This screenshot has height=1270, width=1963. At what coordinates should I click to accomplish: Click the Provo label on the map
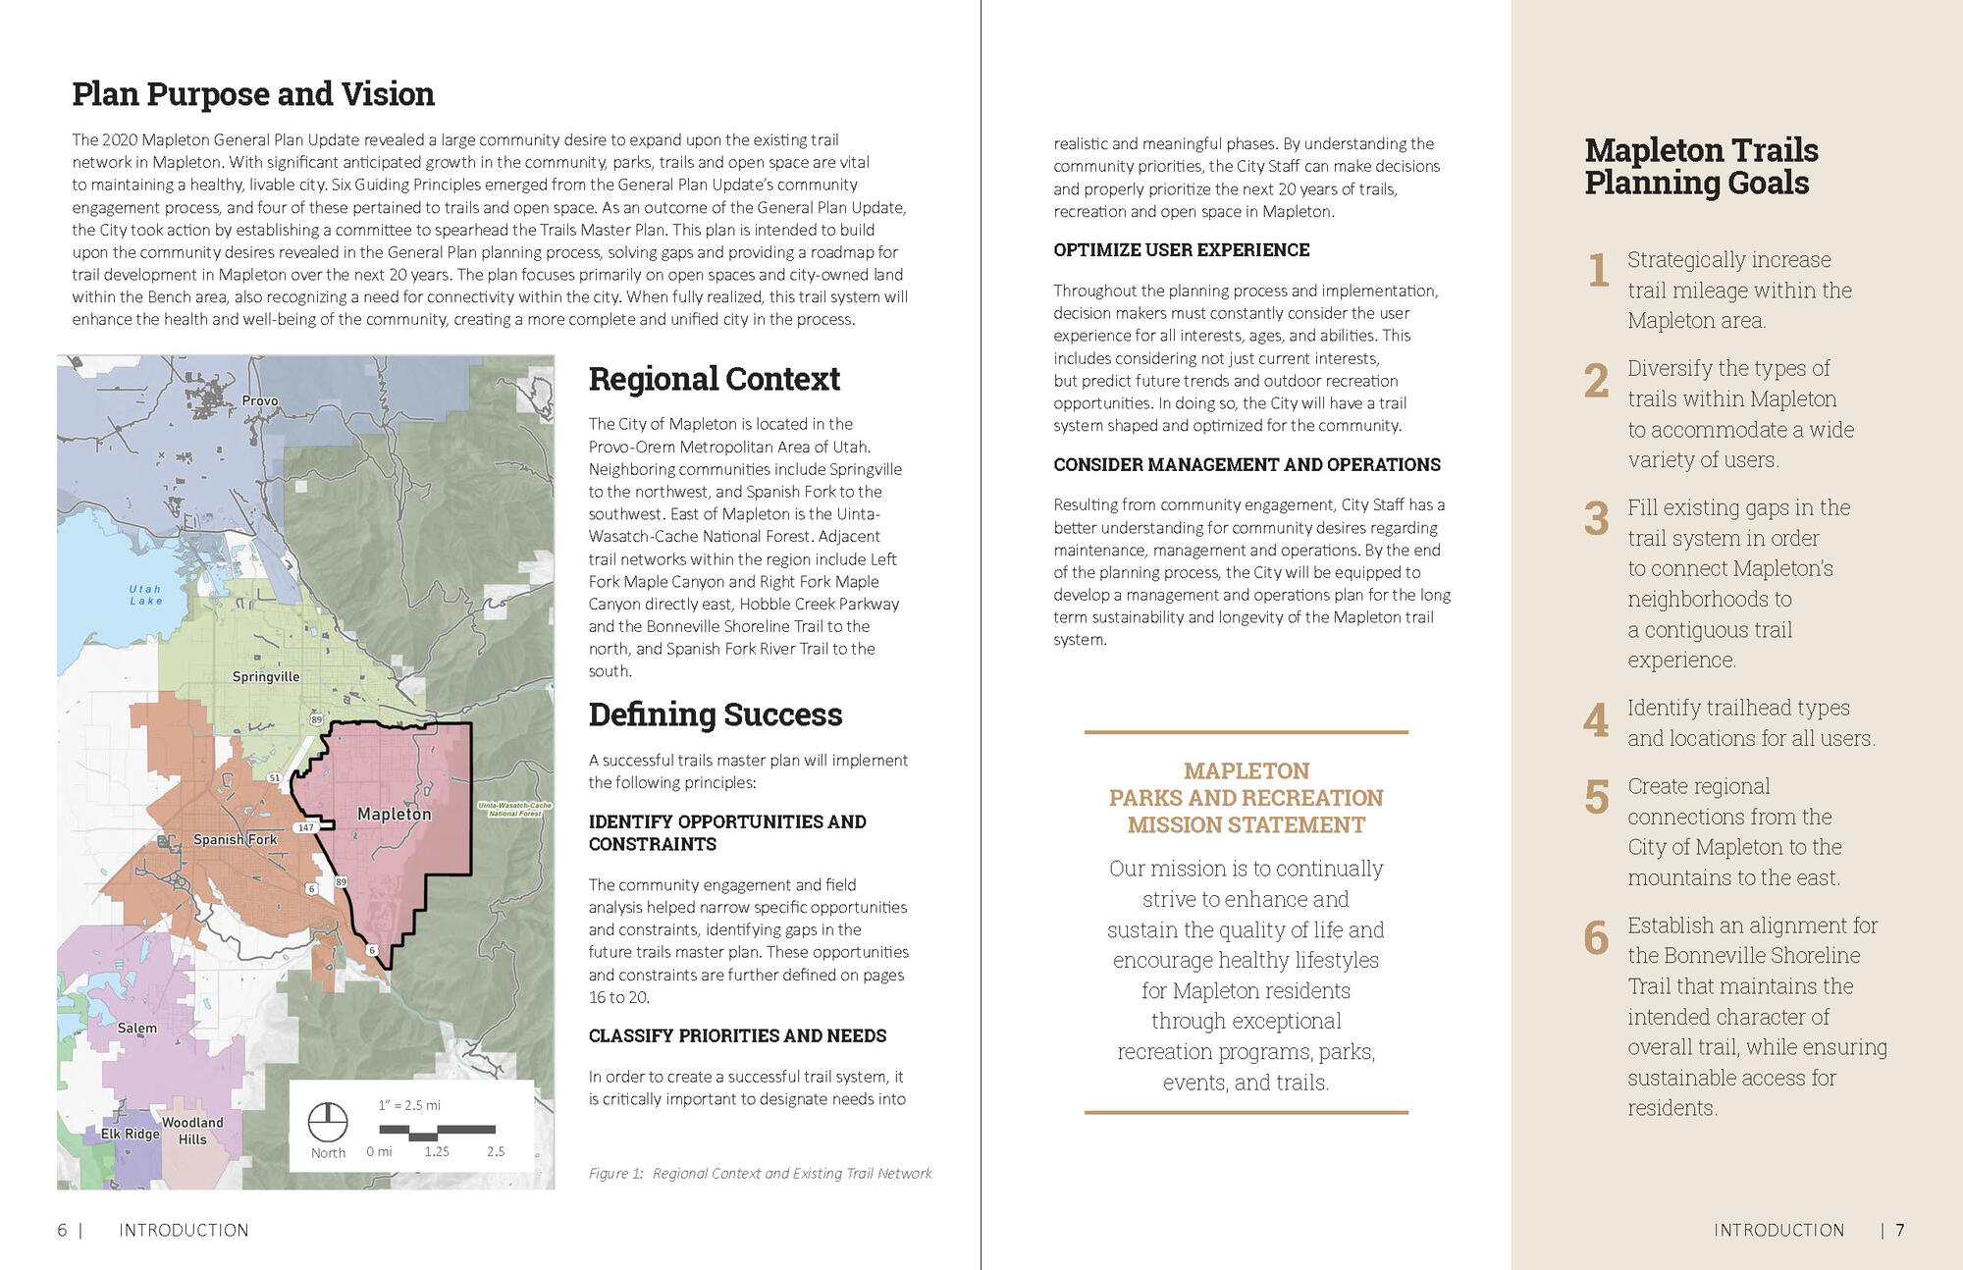pos(260,400)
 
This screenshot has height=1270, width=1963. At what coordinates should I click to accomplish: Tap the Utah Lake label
pos(145,595)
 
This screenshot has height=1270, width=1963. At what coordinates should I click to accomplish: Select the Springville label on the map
pos(266,676)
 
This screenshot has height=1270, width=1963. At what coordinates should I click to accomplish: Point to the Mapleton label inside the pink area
pos(394,814)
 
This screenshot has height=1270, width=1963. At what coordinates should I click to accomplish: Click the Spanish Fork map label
pos(235,839)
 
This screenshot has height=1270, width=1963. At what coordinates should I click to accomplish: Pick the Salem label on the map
pos(136,1028)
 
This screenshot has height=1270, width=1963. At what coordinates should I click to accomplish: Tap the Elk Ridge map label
pos(130,1134)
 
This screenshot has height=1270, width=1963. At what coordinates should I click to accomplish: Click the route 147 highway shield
pos(306,827)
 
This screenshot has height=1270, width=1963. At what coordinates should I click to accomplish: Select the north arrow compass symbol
pos(328,1121)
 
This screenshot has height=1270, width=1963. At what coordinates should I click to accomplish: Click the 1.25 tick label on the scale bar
pos(437,1151)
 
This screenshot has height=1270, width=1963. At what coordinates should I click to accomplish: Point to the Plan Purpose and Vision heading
pos(253,94)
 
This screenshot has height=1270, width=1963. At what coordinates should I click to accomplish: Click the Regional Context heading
pos(714,379)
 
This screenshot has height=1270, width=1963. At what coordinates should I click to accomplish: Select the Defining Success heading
pos(715,714)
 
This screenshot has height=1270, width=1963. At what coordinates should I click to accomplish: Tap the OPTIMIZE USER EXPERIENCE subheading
pos(1181,250)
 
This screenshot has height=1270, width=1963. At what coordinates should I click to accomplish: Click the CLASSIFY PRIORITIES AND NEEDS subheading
pos(737,1035)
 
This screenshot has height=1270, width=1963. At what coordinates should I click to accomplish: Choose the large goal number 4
pos(1596,721)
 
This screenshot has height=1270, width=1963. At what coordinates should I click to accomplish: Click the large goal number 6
pos(1596,938)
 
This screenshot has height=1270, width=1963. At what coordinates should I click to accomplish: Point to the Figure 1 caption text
pos(760,1173)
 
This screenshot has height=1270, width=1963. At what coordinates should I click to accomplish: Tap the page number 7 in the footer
pos(1900,1230)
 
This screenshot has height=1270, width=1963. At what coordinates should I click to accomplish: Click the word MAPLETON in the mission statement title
pos(1246,770)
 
